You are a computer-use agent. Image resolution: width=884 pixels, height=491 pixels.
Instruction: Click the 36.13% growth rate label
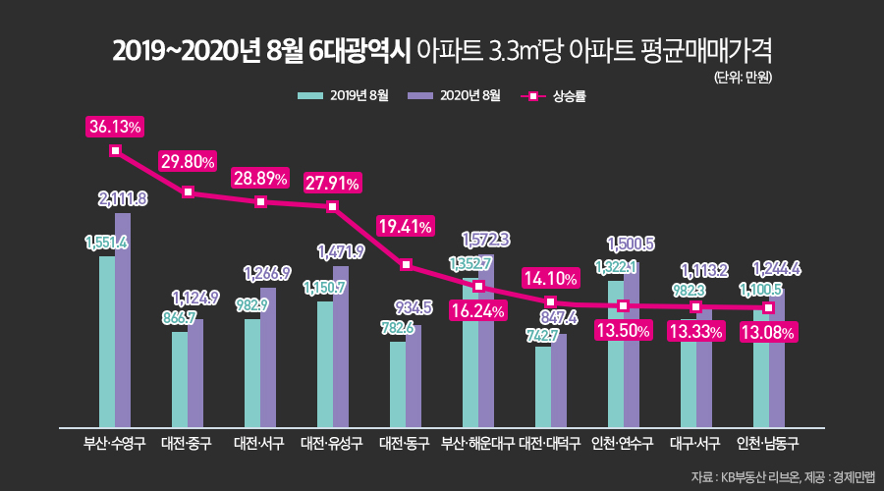(115, 128)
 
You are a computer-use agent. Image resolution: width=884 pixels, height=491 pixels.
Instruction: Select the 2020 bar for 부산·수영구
(123, 319)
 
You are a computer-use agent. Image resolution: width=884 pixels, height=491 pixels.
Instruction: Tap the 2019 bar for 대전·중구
(180, 378)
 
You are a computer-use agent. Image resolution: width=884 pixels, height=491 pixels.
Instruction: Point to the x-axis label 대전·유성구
(333, 444)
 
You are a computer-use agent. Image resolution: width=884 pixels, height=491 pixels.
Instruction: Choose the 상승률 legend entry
(556, 96)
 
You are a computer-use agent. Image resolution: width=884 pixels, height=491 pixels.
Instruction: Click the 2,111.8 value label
(123, 199)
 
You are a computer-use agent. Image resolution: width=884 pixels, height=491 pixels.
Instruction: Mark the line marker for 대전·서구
(261, 202)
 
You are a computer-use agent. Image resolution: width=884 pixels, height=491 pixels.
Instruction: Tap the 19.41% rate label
(406, 227)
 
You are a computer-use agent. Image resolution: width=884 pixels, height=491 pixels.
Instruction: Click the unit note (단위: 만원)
(743, 77)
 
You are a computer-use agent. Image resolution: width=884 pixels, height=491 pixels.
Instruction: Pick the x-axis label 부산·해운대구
(478, 444)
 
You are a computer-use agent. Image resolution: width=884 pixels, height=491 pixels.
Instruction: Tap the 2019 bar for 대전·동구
(398, 383)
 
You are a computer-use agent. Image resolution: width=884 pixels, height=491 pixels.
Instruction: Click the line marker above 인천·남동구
(768, 308)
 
